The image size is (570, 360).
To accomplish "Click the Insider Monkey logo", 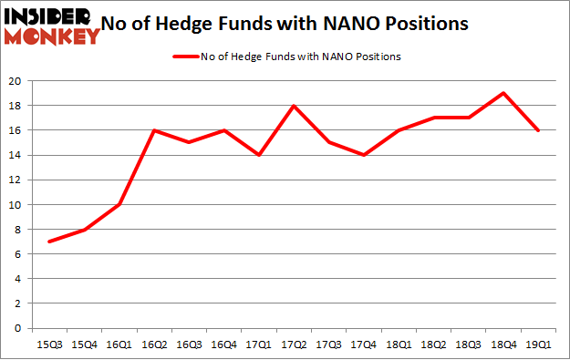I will [x=52, y=26].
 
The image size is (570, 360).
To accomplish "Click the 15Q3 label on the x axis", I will [x=49, y=344].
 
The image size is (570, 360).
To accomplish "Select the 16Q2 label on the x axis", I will [x=156, y=344].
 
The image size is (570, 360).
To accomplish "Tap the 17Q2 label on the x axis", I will [x=294, y=344].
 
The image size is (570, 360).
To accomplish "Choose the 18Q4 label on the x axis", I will [x=503, y=344].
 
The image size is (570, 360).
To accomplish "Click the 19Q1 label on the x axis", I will [x=538, y=344].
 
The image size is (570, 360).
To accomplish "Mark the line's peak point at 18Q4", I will [x=503, y=93].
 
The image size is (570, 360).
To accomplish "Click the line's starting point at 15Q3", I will [x=49, y=242].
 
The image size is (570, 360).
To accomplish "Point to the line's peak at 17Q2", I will [x=294, y=106].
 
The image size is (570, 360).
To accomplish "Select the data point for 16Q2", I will [x=156, y=130].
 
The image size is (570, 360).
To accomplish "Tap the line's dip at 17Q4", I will [x=364, y=155].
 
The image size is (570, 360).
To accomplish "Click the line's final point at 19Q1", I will [x=538, y=130].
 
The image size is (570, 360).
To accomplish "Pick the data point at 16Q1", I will [x=119, y=204].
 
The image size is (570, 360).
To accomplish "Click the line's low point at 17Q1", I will [x=259, y=155].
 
